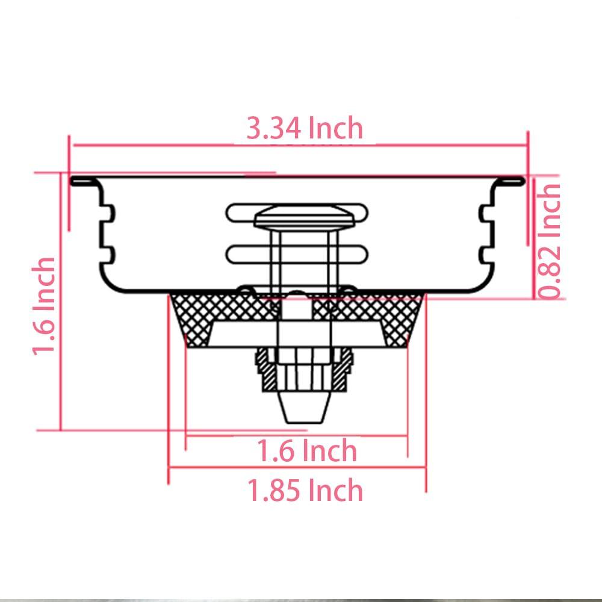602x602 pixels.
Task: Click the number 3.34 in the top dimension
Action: point(274,128)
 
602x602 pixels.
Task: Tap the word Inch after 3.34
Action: point(336,128)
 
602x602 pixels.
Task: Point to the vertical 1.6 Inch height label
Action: point(45,306)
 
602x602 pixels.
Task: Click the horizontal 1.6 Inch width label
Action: point(307,450)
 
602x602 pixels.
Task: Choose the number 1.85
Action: point(274,491)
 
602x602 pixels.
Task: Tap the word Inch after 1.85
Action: point(336,491)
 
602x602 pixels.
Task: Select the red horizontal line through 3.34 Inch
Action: point(150,144)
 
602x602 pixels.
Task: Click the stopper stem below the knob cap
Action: point(299,259)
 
